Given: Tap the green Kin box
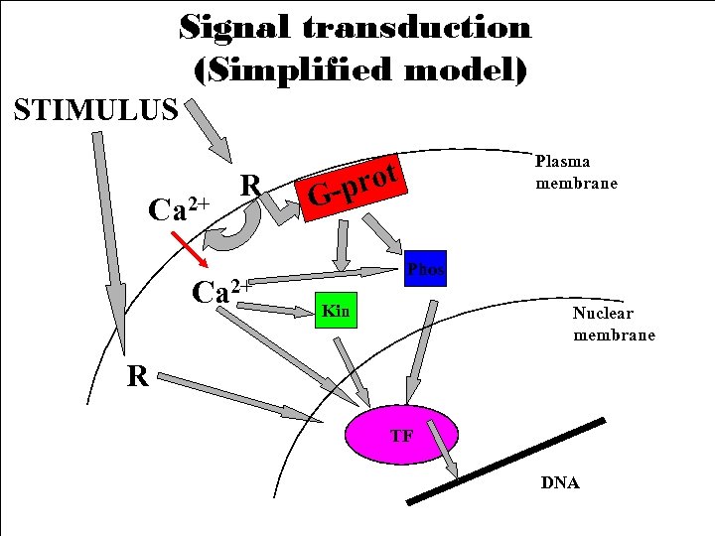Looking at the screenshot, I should [337, 312].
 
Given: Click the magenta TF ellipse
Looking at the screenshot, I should [402, 435].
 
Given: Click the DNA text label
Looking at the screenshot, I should [560, 483].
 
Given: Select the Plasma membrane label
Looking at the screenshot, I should [576, 172].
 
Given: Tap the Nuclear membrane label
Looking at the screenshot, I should [614, 324].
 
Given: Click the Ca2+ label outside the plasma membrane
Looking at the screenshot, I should [178, 208].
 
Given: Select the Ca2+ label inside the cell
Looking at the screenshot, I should [220, 292].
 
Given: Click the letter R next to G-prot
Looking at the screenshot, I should [251, 185].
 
